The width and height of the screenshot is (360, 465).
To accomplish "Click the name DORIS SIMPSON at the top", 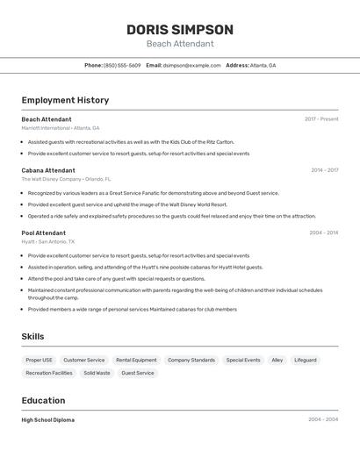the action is [x=180, y=29].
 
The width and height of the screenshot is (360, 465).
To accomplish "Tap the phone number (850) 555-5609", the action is [x=122, y=65].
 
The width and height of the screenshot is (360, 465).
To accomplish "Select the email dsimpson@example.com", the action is [x=191, y=65].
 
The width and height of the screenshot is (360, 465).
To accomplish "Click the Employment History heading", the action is [x=65, y=100].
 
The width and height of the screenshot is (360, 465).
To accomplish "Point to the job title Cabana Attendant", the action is [x=48, y=170].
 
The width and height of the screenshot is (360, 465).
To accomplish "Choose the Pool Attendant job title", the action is [x=43, y=232].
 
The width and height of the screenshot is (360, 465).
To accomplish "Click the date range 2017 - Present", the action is [x=321, y=119].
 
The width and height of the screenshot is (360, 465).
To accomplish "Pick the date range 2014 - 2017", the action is [x=324, y=170].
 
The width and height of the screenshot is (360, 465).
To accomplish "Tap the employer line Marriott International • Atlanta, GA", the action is [x=61, y=127].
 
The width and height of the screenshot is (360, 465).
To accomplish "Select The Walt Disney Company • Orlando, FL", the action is [x=66, y=179].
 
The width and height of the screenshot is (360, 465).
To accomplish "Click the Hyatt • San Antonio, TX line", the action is [x=48, y=241].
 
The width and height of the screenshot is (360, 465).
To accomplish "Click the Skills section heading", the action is [x=32, y=336].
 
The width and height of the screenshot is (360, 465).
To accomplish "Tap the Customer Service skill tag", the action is [x=83, y=360].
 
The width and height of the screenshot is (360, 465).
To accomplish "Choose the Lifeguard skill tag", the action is [x=306, y=360].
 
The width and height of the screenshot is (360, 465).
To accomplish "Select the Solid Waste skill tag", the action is [x=97, y=373].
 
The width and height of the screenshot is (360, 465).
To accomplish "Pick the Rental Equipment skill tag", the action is [x=136, y=360].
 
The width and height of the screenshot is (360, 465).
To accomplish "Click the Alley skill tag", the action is [x=277, y=360].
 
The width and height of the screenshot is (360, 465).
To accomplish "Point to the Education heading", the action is [x=44, y=400].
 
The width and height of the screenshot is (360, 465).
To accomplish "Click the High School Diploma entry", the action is [x=48, y=420].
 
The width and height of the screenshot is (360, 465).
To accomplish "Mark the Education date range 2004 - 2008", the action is [x=323, y=420].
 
